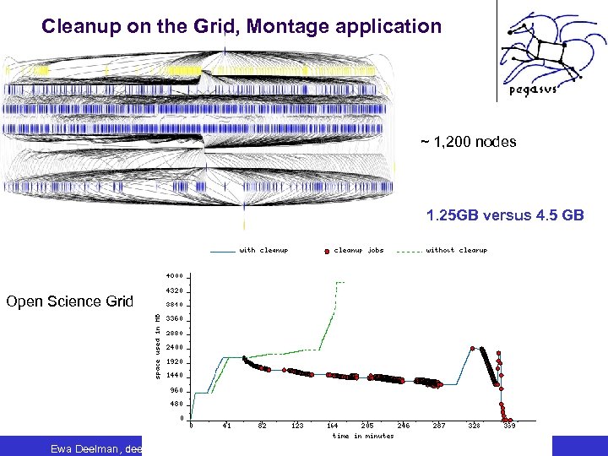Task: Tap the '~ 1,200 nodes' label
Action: [x=469, y=142]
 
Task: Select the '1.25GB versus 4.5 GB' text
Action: [x=505, y=215]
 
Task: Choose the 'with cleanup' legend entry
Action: [x=263, y=250]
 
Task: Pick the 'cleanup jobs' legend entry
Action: [x=358, y=250]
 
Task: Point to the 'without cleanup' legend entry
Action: [x=456, y=250]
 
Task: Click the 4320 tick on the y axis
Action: [x=174, y=290]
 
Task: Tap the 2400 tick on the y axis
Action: [x=174, y=347]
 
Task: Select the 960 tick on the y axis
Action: [x=176, y=390]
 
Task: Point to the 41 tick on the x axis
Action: [x=226, y=426]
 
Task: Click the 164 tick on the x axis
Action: [x=332, y=426]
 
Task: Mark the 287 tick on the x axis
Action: [x=439, y=426]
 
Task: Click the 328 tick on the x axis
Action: [x=475, y=426]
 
